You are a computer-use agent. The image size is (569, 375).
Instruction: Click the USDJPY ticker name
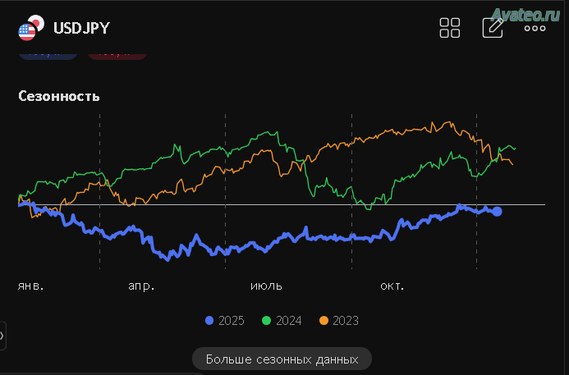(81, 28)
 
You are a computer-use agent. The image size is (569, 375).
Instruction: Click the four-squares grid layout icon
(450, 28)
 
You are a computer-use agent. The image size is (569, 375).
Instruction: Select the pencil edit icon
(493, 27)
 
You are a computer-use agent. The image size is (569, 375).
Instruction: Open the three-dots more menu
(535, 28)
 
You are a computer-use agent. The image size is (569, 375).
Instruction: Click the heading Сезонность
(59, 96)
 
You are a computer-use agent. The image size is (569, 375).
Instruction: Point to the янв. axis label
(30, 286)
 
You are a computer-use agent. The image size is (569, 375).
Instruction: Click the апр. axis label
(141, 286)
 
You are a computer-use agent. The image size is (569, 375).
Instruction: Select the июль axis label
(266, 286)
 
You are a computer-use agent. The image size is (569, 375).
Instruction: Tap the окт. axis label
(392, 286)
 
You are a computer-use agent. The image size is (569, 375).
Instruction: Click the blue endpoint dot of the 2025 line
(497, 212)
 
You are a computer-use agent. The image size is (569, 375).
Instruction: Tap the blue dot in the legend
(209, 320)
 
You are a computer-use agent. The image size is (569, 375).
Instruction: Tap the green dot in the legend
(266, 320)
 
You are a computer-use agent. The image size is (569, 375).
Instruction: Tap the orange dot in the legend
(324, 320)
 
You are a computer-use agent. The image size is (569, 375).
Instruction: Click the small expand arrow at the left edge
(2, 335)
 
